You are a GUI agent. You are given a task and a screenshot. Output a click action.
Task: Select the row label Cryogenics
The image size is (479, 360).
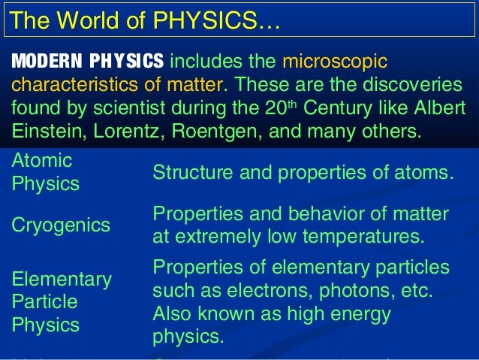click(60, 225)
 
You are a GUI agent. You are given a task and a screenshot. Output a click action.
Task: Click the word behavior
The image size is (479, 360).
click(342, 214)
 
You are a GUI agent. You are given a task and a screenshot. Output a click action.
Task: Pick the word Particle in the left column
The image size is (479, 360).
click(44, 302)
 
